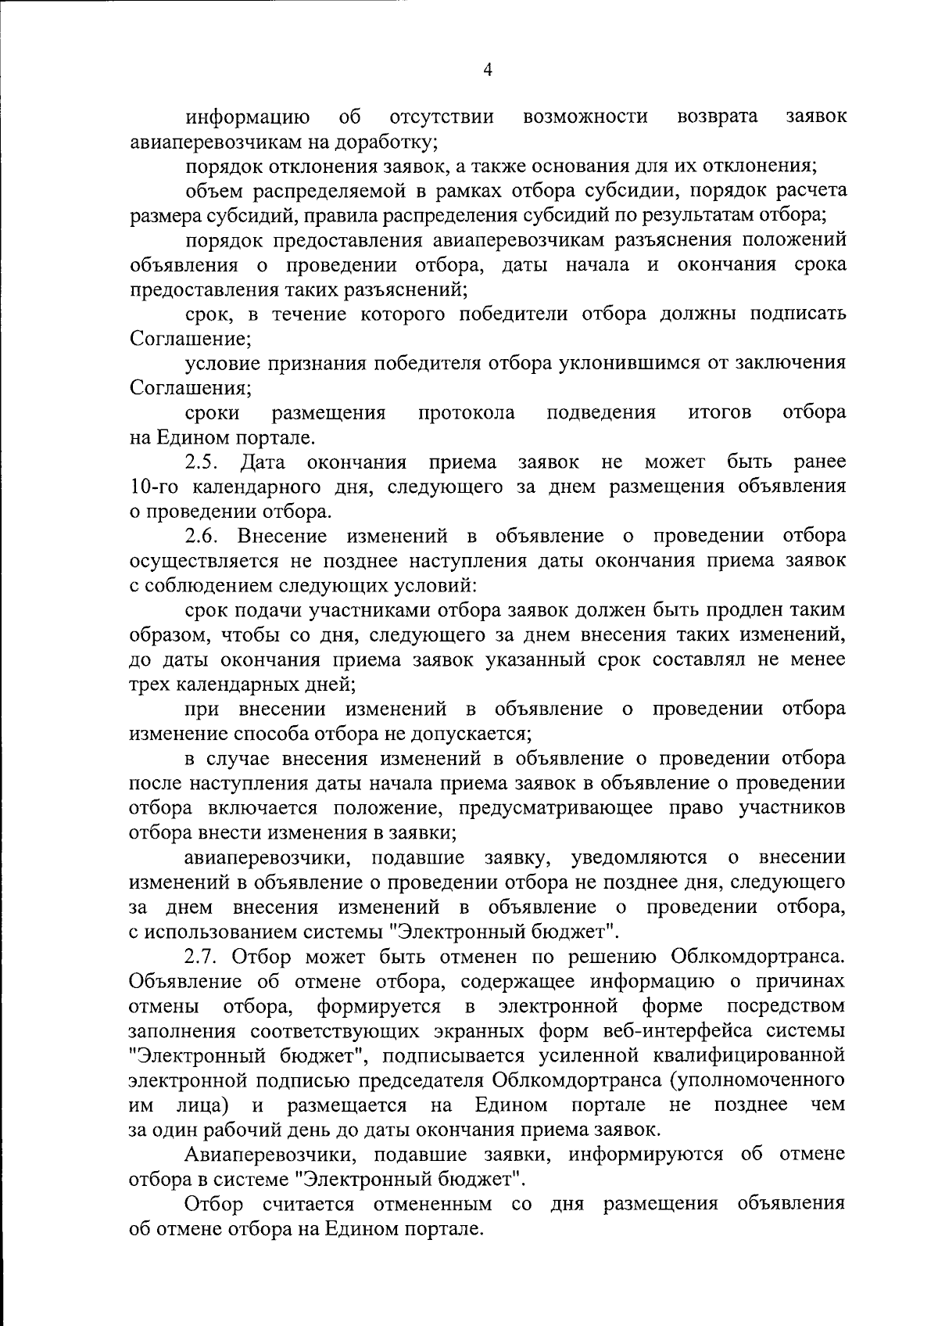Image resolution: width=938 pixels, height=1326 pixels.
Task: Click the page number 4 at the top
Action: (487, 71)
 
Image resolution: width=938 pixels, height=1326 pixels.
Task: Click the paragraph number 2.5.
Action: (202, 462)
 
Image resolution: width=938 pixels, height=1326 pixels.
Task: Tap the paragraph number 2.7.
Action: (202, 956)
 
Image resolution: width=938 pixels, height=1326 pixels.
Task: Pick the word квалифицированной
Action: (746, 1055)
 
